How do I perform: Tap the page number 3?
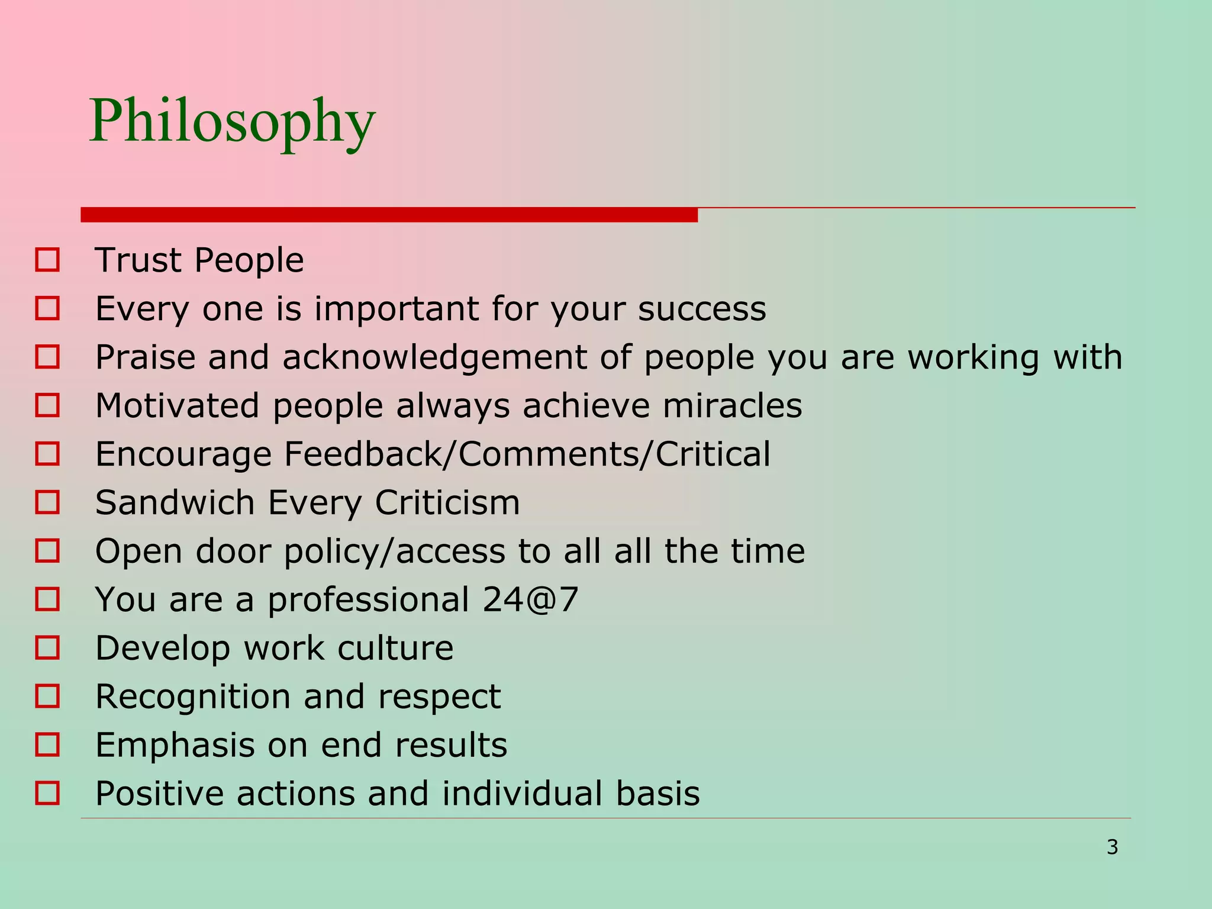pos(1112,847)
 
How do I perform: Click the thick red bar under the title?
pos(389,215)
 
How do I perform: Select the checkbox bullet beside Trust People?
pos(47,260)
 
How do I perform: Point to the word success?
pos(702,309)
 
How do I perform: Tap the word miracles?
pos(732,406)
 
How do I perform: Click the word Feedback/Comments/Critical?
pos(527,454)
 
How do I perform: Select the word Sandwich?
pos(175,503)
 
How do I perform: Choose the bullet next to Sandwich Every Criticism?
pos(47,502)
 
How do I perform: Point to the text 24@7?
pos(530,599)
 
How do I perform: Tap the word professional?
pos(368,600)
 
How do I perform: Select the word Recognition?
pos(192,697)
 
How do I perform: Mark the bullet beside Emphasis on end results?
pos(47,744)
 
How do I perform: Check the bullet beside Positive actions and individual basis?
pos(47,793)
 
